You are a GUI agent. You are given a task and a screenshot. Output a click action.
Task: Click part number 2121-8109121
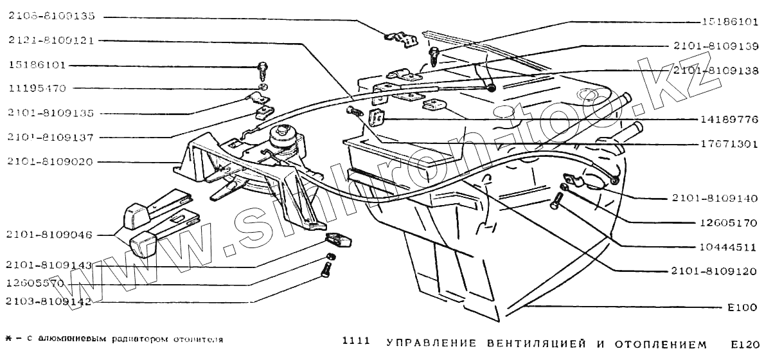point(51,40)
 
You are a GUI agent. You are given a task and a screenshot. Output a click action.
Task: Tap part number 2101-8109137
point(51,137)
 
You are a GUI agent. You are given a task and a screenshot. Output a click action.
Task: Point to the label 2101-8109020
point(51,162)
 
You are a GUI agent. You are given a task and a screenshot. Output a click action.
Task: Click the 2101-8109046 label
point(51,235)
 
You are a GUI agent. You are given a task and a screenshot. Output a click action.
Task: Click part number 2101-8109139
point(716,47)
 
